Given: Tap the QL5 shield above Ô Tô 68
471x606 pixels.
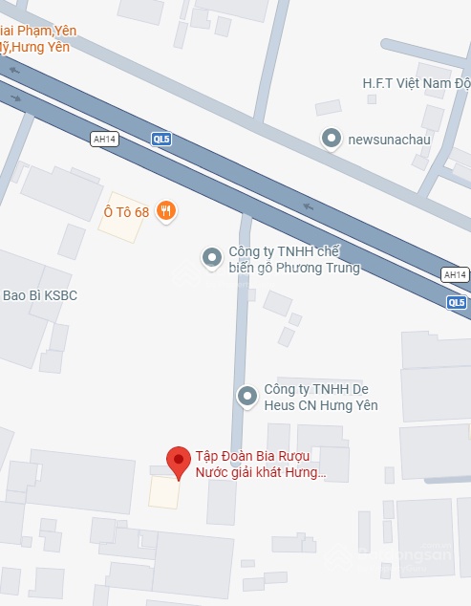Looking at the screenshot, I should pos(161,139).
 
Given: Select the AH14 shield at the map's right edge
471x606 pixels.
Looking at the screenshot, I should pos(455,275).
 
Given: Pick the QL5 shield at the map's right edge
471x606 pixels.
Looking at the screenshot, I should pos(457,303).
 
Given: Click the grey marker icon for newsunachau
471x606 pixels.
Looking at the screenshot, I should pos(332,139).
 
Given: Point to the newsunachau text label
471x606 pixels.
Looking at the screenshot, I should pos(389,140).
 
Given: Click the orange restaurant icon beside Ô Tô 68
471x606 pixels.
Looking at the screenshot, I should pos(166,211).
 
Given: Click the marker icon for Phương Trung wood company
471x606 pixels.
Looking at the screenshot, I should pos(211,256).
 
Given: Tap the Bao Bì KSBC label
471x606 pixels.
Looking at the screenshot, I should pos(40,295).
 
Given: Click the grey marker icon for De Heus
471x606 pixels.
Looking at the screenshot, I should pos(247,396).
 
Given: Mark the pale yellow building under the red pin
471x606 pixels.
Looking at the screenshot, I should pos(163,492).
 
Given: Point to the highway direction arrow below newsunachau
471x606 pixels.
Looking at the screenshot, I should pos(308,206).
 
